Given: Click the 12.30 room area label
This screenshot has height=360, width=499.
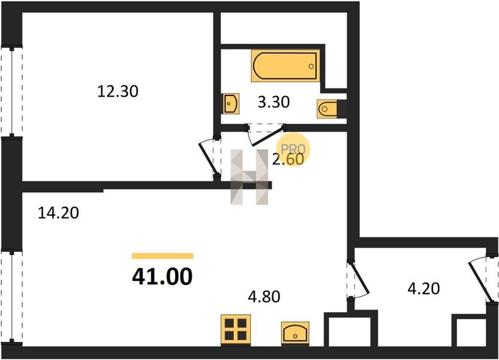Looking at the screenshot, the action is [118, 92].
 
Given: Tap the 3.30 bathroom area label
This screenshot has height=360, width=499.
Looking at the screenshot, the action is [273, 102].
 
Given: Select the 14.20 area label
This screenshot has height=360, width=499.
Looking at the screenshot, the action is [58, 212].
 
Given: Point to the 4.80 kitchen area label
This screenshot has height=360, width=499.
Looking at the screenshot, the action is [264, 296].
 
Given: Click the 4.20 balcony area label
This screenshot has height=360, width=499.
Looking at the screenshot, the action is [423, 289].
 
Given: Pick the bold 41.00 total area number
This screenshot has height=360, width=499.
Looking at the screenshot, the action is [163, 276].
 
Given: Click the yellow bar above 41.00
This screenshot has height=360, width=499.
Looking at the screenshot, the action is [163, 256].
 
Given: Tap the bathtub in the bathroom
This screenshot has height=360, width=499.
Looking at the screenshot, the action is [285, 66].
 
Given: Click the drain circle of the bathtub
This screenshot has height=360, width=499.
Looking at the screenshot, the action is [311, 66].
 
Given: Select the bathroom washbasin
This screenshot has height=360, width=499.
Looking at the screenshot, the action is [232, 103].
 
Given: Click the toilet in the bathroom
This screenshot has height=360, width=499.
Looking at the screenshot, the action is [327, 109].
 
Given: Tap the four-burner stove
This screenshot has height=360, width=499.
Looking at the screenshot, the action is [236, 329].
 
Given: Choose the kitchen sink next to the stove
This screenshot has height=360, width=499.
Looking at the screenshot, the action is [295, 333].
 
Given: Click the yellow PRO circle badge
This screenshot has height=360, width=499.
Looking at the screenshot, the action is [293, 149].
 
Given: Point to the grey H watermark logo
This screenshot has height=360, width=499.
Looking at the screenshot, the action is [249, 176].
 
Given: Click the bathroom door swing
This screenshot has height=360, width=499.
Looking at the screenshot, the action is [266, 134].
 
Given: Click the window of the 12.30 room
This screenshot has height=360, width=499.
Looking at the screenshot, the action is [12, 92].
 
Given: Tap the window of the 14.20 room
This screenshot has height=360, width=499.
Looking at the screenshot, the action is [12, 296].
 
